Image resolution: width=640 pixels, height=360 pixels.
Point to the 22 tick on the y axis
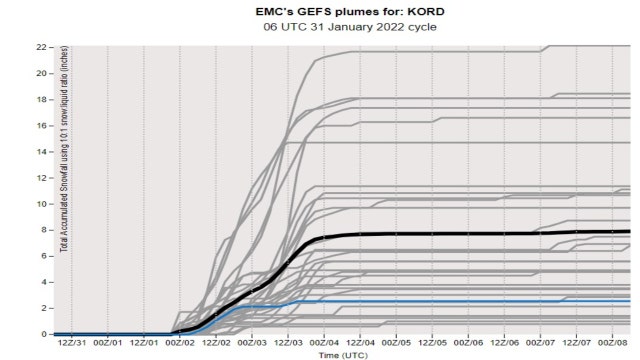[x=42, y=47]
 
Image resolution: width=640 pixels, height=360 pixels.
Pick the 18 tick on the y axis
[x=42, y=100]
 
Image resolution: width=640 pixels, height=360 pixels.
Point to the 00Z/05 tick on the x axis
[x=397, y=342]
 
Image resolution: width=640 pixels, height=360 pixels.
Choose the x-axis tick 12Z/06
[x=506, y=342]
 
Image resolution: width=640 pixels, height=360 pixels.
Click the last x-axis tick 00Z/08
[x=613, y=342]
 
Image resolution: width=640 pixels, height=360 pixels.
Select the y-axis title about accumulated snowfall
[x=63, y=190]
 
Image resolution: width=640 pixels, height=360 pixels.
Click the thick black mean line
[x=450, y=233]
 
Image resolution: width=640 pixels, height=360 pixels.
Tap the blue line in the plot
[x=450, y=301]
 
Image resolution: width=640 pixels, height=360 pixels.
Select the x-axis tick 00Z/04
[x=325, y=342]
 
